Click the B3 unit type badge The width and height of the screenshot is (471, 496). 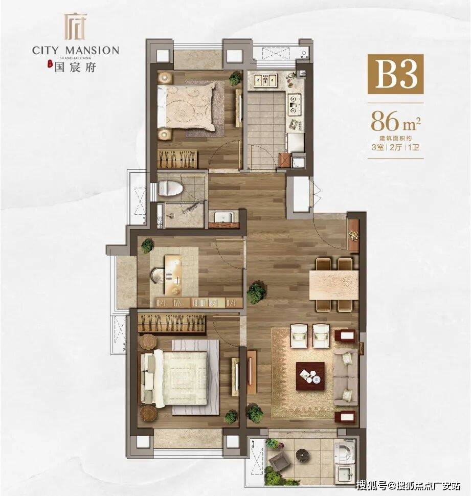coord(395,74)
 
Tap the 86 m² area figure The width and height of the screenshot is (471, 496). coord(395,121)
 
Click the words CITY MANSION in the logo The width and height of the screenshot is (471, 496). coord(76,50)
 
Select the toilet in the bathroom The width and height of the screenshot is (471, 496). coord(170,188)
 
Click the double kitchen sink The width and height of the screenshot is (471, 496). coord(265,80)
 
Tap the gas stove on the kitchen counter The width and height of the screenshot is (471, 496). coord(294,103)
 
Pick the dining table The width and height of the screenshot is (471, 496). coord(334,285)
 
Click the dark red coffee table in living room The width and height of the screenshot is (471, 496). coord(310,376)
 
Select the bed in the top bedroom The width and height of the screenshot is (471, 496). coord(187,106)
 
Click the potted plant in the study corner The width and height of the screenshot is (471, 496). coord(147,245)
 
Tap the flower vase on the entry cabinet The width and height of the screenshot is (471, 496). coord(353,235)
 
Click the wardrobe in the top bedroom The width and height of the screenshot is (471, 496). coord(178,159)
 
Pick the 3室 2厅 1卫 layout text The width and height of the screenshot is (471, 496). coord(395,147)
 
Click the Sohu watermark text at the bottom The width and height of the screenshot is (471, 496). coord(408,485)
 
